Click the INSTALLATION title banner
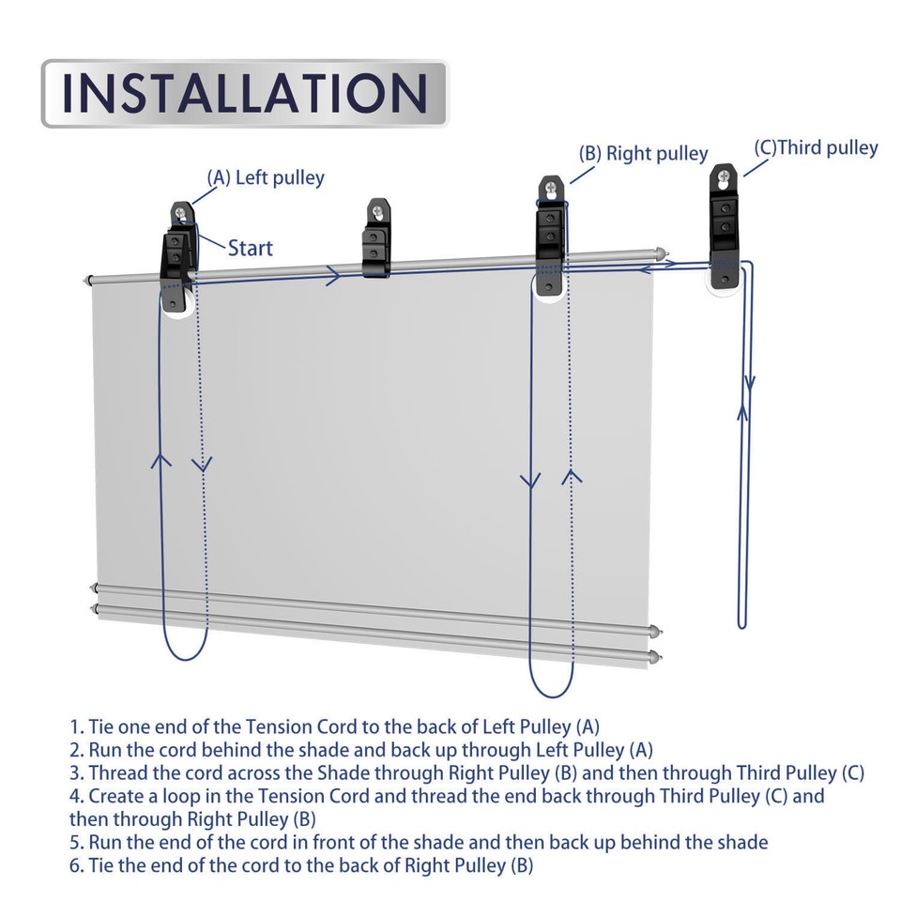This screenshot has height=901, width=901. (x=245, y=94)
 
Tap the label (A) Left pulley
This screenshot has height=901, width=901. (x=266, y=177)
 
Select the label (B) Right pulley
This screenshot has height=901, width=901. (x=643, y=153)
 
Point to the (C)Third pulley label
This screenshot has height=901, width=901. (x=816, y=147)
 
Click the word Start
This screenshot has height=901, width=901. (x=250, y=248)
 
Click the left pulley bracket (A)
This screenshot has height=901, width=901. (x=179, y=259)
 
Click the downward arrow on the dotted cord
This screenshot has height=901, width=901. (x=202, y=464)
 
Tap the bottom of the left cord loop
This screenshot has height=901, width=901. (x=184, y=658)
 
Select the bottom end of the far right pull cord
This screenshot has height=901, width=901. (x=741, y=625)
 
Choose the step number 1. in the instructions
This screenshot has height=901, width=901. (x=77, y=726)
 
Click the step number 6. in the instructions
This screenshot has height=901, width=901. (x=77, y=865)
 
